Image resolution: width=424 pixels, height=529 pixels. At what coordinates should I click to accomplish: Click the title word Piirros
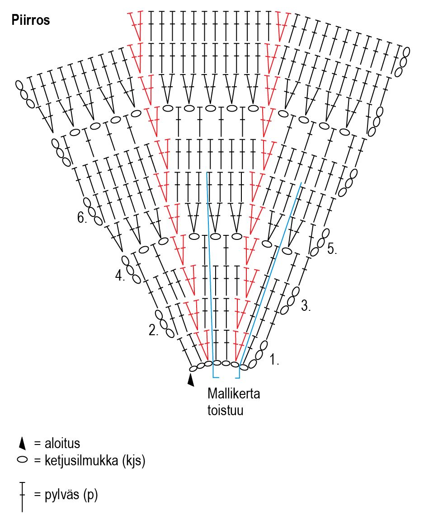31,21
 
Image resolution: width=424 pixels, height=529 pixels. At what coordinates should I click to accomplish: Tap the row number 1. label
275,360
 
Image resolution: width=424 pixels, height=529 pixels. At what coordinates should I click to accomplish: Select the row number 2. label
154,331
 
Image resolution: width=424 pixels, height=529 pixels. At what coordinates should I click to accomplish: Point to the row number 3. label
306,306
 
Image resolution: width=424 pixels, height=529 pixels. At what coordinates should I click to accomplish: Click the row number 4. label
120,275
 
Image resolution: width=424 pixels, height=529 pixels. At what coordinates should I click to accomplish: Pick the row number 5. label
332,249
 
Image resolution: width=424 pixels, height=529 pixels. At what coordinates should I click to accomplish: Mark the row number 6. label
82,218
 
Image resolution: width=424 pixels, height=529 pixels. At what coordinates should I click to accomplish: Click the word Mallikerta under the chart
234,393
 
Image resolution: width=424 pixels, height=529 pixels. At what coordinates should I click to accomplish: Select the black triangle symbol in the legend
22,444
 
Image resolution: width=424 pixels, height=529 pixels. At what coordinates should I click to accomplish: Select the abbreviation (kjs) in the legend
133,461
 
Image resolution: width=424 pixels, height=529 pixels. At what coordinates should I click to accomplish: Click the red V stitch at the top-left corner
136,25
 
